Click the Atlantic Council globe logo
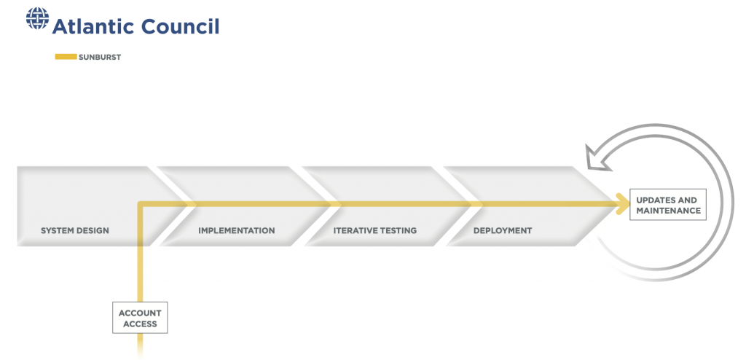38,19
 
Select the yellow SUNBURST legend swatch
66,57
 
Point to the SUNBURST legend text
100,57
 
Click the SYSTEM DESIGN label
75,230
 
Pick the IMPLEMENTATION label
237,230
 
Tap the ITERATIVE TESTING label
375,230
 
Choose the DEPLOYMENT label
503,230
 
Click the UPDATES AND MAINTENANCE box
668,205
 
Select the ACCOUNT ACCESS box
140,318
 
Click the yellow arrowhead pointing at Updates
623,204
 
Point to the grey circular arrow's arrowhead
597,158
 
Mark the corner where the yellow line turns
141,204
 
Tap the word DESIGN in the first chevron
93,230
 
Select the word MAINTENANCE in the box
669,211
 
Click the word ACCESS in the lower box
140,324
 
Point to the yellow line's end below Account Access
141,357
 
